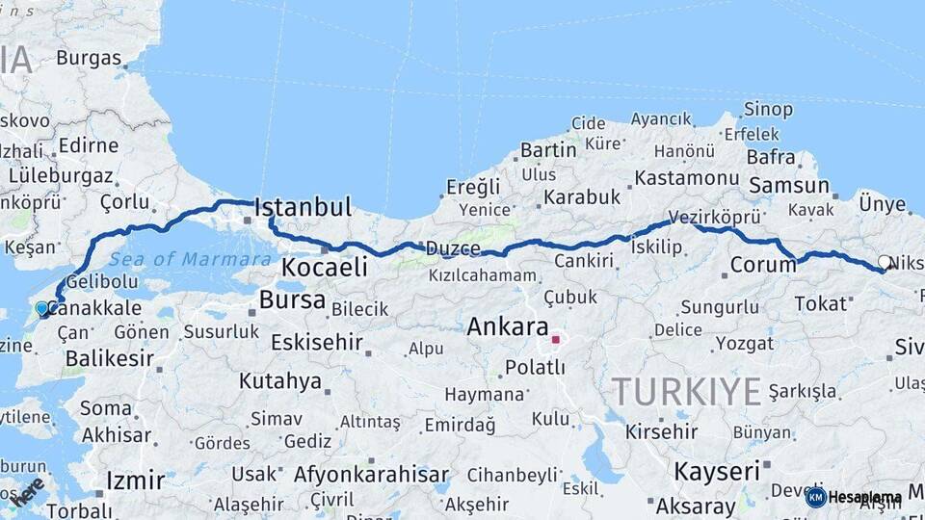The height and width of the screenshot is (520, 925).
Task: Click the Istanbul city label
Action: point(302,207)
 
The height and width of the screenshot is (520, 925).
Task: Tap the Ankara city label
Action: point(507,326)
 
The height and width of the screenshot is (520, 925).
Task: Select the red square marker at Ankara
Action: point(555,339)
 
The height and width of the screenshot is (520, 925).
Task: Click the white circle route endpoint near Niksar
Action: point(884,261)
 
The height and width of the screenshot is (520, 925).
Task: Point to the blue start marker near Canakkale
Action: point(41,308)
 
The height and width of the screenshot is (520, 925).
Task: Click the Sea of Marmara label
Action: point(190,259)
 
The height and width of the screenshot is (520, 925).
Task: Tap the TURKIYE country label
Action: point(687,391)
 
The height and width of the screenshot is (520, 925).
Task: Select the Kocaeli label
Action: point(324,267)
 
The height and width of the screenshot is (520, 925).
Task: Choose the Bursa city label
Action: point(292,299)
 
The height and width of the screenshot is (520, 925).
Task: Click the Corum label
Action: point(762,264)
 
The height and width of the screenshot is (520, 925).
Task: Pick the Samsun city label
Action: point(788,185)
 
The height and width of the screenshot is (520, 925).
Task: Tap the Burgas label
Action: point(89,58)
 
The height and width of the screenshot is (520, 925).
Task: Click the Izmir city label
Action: point(135,480)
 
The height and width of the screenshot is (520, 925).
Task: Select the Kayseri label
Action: point(717,471)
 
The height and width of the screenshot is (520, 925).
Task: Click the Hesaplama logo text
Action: point(864,497)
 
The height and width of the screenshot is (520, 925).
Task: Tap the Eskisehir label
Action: point(316,342)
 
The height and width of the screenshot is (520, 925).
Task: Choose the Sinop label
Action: point(768,109)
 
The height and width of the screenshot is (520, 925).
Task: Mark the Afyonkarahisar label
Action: point(371,474)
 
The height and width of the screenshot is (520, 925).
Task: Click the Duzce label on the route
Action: point(454,248)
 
